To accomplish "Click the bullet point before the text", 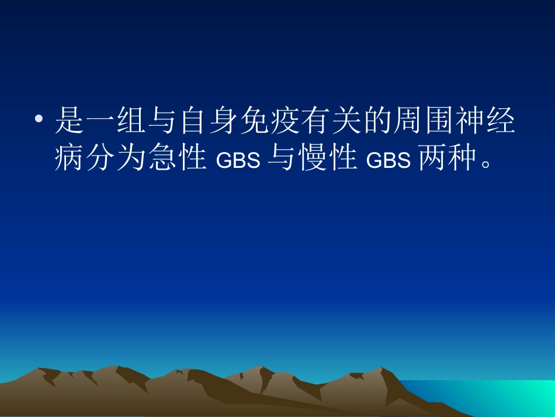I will click(x=39, y=120).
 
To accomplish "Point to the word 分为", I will click(x=116, y=158).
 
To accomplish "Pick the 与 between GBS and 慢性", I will click(x=281, y=158).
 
